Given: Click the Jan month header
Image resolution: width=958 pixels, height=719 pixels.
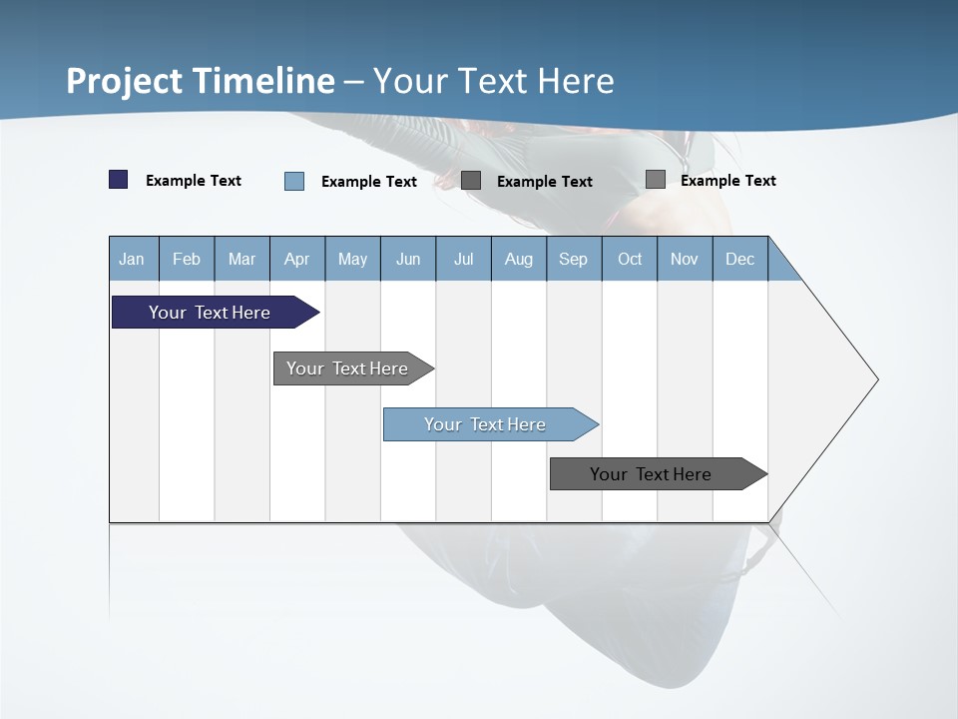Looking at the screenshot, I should point(132,259).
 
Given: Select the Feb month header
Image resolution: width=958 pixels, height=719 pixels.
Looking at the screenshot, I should point(187,259).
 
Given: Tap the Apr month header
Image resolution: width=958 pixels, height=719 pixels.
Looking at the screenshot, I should point(296,259).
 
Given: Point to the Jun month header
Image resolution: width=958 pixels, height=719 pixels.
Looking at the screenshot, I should point(408,259).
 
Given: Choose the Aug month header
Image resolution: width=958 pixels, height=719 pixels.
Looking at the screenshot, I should point(518,259).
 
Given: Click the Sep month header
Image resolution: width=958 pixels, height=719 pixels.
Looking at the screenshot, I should point(573,259).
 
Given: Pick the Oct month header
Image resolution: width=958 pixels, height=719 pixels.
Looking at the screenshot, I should point(630,259).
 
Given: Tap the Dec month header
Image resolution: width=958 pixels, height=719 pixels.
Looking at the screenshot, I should point(739,259).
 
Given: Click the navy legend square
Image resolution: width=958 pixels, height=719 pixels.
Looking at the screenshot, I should point(119,180).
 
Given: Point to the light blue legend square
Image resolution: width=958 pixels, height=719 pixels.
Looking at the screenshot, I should point(294,181).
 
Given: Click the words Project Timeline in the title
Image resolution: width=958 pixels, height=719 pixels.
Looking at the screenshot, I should point(201,81).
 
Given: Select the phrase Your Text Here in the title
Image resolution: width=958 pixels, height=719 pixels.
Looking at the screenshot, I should point(494,81).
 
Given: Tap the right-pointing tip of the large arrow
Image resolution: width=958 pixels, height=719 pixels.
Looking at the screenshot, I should point(874,379).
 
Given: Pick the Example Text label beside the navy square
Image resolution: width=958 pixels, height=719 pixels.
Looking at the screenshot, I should point(194,181).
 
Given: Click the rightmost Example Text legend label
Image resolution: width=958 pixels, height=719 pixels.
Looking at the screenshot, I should point(727,181).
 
